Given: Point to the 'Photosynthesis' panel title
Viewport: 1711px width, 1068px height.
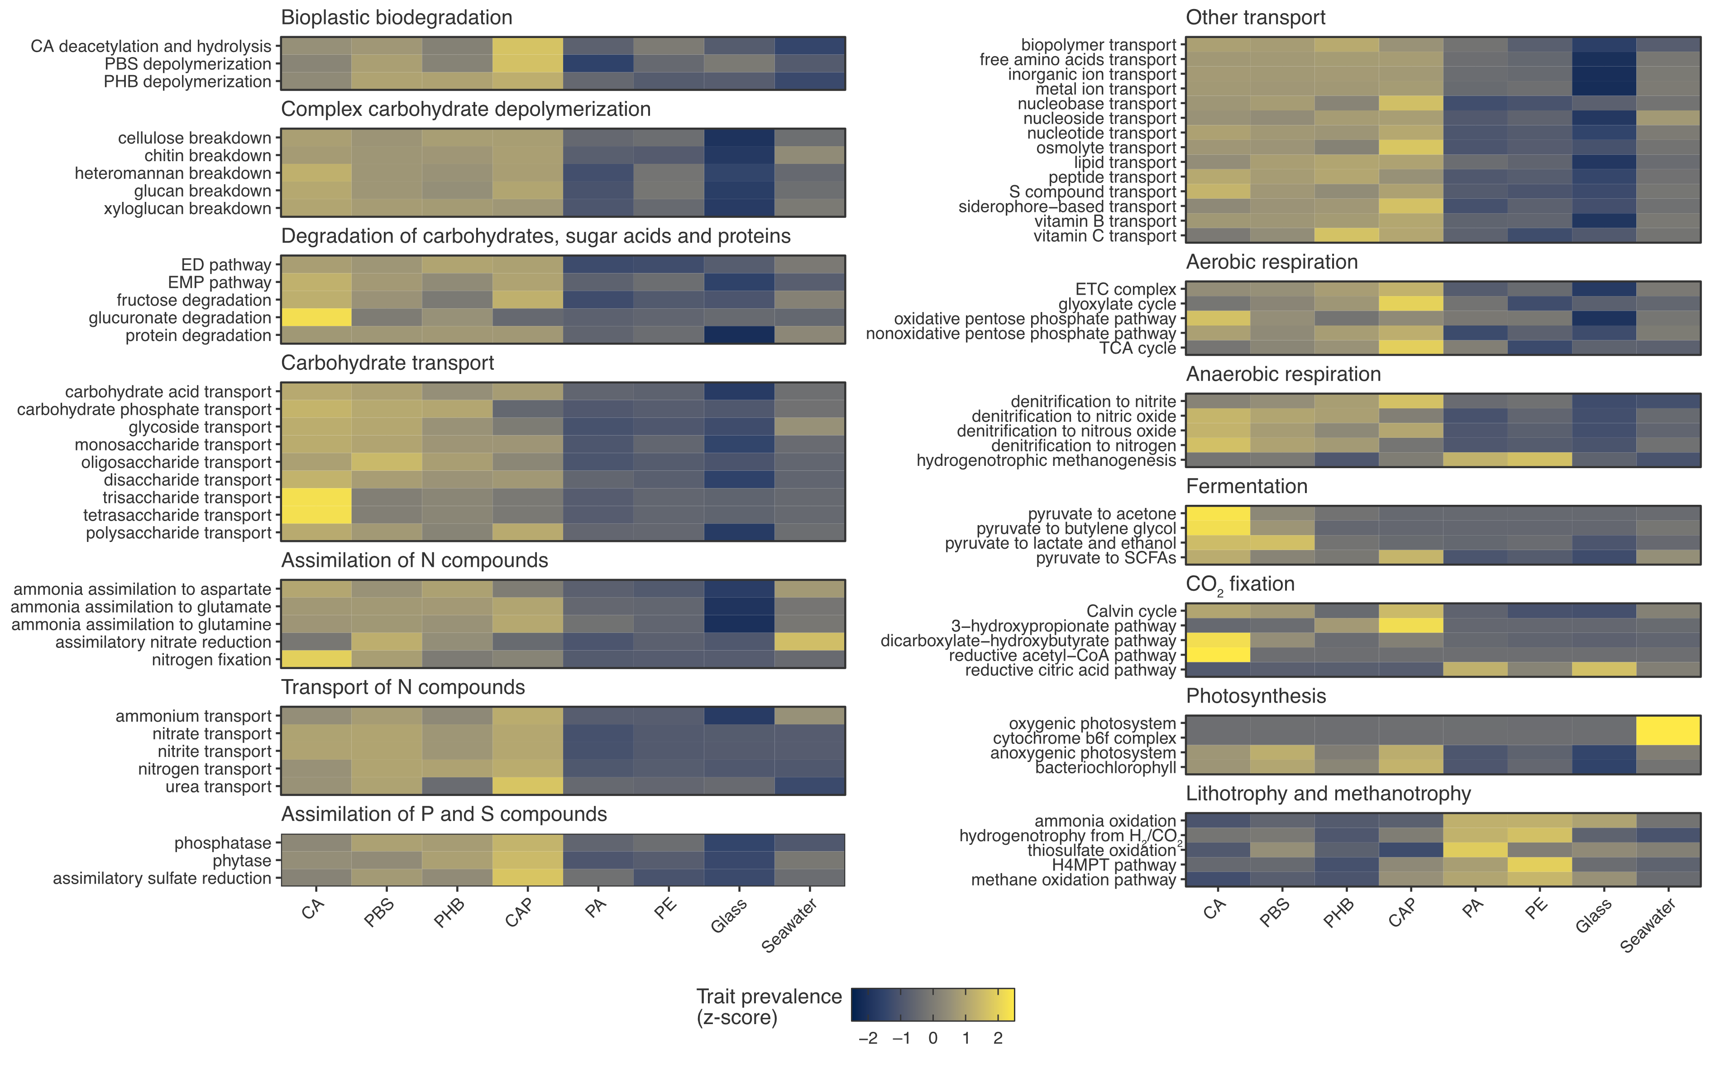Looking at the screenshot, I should click(1256, 696).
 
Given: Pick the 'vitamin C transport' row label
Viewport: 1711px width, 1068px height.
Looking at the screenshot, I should click(1104, 236).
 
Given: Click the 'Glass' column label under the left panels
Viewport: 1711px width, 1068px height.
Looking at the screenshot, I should click(729, 916).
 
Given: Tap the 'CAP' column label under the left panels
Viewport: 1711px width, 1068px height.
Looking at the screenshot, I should click(519, 913).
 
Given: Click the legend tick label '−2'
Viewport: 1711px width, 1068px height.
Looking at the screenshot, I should click(868, 1038).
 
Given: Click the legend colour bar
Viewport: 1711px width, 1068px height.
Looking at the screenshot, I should click(932, 1005).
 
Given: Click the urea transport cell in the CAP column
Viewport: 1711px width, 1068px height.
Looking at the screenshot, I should click(527, 786).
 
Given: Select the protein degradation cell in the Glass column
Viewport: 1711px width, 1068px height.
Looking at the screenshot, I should click(739, 335).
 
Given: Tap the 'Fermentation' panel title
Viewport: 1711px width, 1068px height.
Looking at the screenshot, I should click(1246, 487).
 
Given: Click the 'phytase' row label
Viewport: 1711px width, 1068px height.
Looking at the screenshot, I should click(242, 861).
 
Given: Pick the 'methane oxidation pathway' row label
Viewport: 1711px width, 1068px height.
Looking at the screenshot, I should click(1073, 880).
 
